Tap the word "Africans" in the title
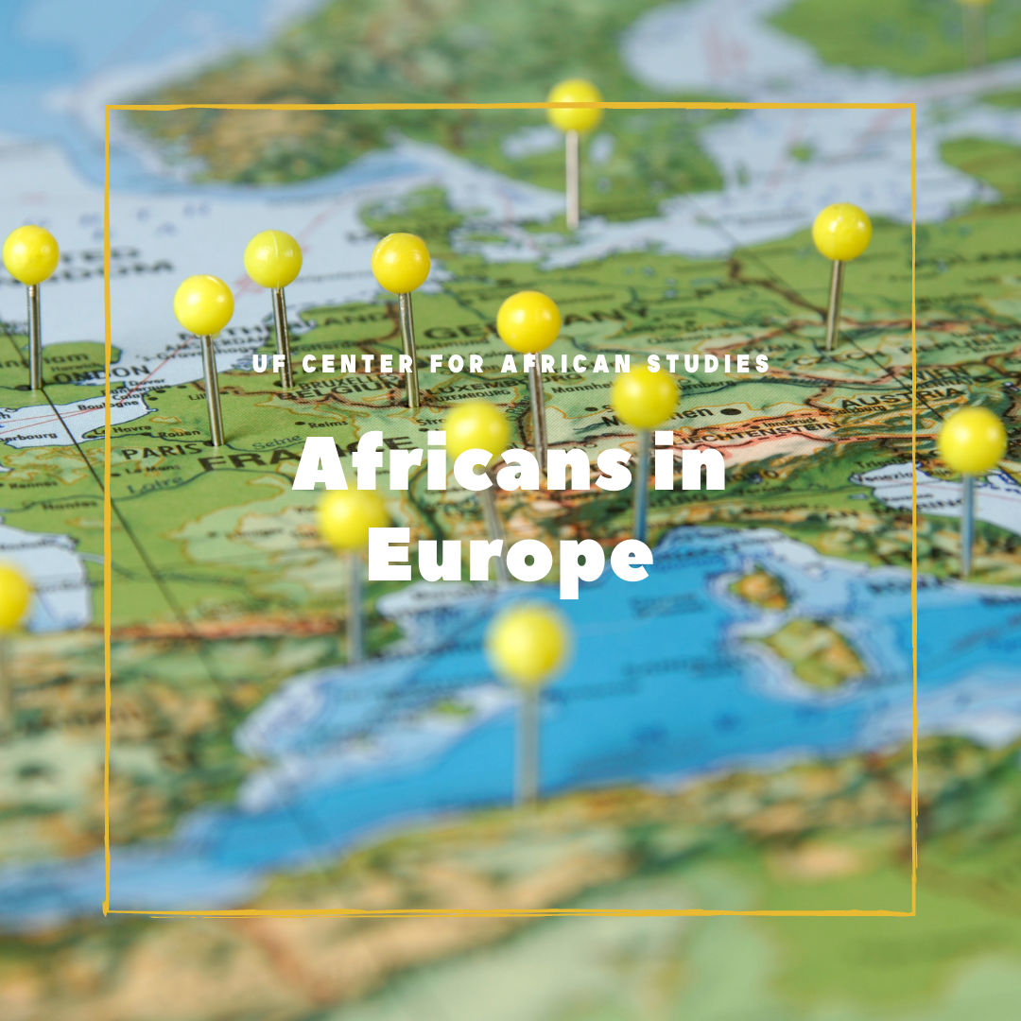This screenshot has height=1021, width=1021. pos(461,465)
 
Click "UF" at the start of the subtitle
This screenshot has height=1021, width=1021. pos(268,363)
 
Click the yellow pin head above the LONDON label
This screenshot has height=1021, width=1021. pos(30,254)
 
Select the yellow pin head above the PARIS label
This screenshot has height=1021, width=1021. pos(203,304)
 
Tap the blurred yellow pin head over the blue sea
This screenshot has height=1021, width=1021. pos(528,644)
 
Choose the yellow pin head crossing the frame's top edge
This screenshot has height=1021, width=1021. pos(574,105)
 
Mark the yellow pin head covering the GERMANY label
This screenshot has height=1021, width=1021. pos(528,321)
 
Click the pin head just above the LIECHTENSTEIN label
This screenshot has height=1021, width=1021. pos(645,396)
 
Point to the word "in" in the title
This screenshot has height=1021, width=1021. pos(691,465)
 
